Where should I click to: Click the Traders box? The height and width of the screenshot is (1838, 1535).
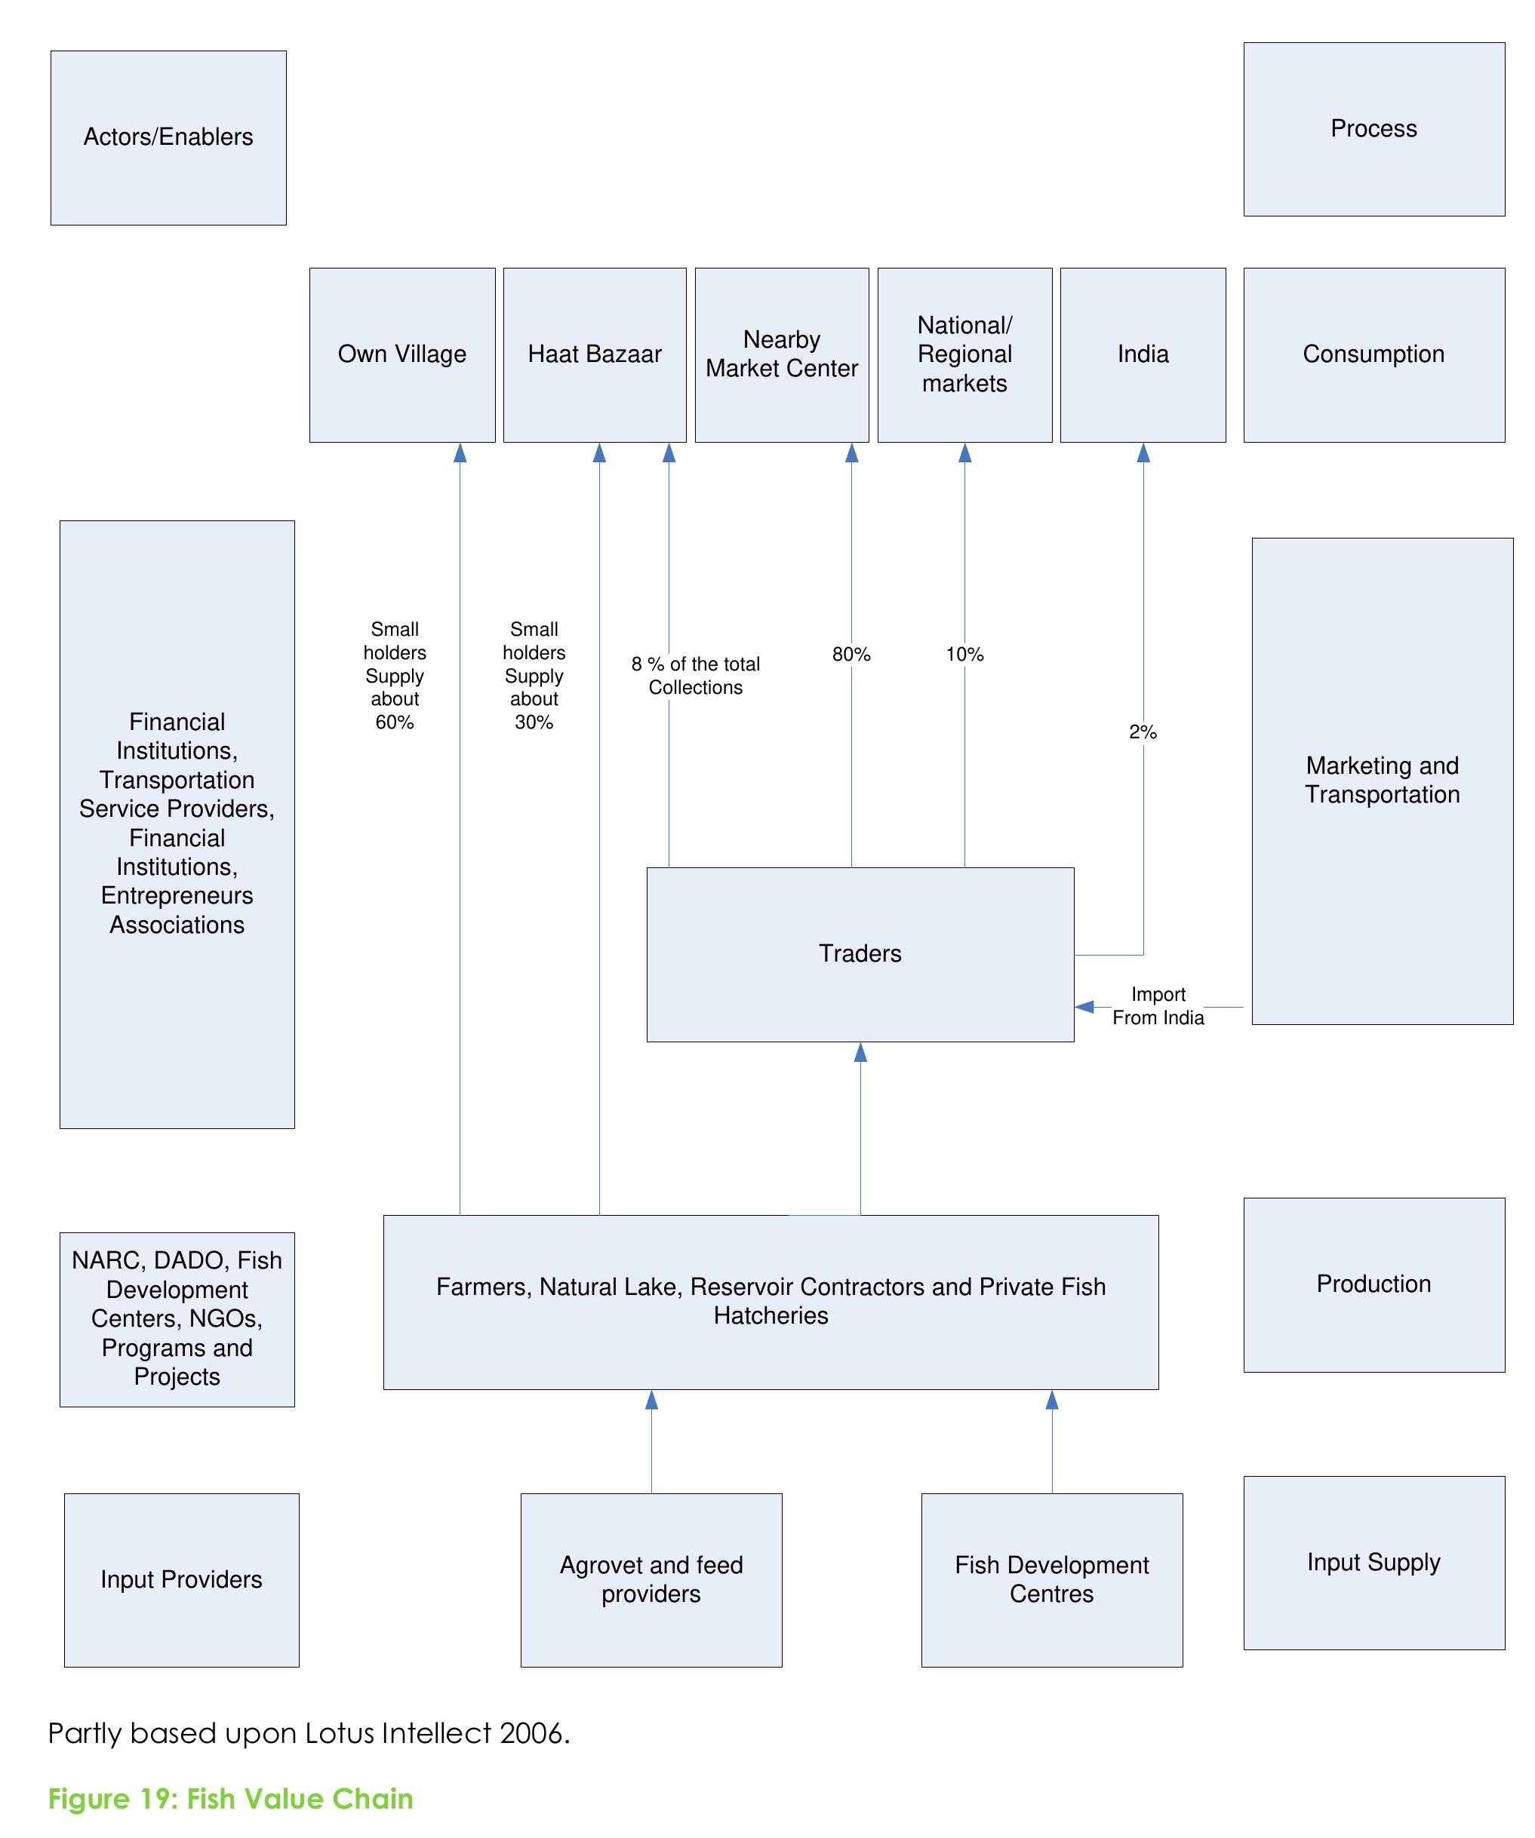pos(859,954)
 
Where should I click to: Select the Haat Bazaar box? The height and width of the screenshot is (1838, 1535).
pos(594,354)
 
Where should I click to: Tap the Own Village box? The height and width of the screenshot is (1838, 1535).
pos(402,354)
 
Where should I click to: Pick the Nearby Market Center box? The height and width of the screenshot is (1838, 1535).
pos(781,354)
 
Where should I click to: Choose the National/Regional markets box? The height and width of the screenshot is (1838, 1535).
pos(964,354)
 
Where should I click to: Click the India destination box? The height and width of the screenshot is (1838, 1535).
pos(1142,354)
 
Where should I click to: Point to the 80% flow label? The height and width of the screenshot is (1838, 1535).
pos(851,654)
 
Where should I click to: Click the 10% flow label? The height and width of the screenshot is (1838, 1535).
pos(964,654)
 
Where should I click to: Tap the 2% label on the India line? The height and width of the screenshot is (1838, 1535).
pos(1142,732)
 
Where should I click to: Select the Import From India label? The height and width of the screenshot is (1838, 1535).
pos(1158,1005)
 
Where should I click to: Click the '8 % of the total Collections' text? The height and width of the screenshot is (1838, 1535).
pos(695,675)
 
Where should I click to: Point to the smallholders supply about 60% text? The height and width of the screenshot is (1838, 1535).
pos(394,675)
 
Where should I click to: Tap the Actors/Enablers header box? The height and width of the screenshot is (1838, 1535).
pos(168,137)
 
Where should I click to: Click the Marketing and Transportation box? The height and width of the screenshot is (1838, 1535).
pos(1382,780)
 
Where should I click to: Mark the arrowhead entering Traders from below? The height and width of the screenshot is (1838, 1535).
pos(860,1053)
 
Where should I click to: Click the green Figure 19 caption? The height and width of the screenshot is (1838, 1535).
pos(230,1799)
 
